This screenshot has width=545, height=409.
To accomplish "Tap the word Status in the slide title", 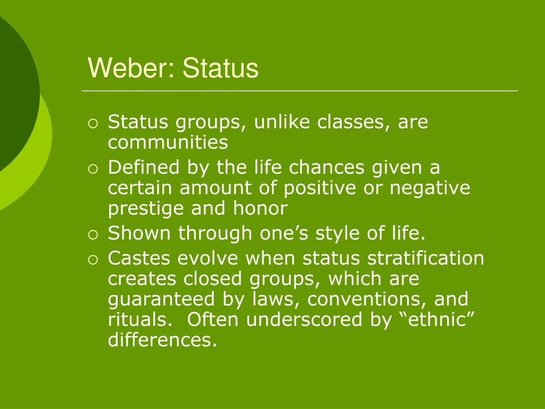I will [220, 69].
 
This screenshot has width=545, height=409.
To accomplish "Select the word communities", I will [168, 143].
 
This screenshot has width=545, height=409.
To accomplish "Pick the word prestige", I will [143, 209].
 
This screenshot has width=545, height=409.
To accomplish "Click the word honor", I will [261, 208].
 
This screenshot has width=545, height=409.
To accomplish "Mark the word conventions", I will [369, 299].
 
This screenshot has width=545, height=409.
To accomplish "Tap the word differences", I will [162, 340].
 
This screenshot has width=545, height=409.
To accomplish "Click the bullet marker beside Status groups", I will [94, 124].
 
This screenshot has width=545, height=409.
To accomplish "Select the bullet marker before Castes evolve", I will [94, 259].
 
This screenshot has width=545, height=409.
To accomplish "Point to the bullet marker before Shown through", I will [94, 234].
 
